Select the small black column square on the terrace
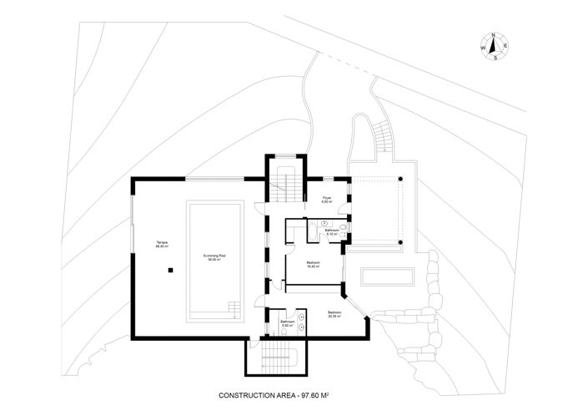[x=170, y=270]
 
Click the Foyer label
[x=328, y=200]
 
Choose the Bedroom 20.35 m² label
[x=335, y=315]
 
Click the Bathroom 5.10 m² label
[x=331, y=232]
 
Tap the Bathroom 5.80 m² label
[x=287, y=322]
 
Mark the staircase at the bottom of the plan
[x=278, y=358]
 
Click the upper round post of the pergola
[x=402, y=179]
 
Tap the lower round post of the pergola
[x=402, y=243]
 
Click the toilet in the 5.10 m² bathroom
[x=342, y=226]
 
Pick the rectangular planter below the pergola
[x=389, y=276]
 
